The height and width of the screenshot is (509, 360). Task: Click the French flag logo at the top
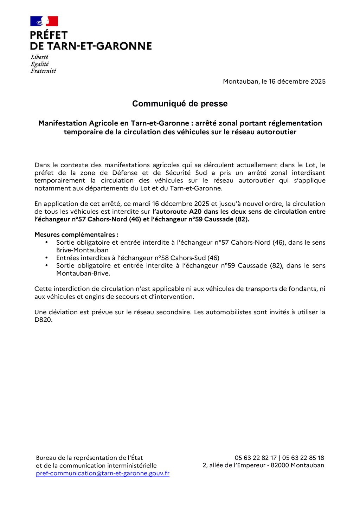(44, 21)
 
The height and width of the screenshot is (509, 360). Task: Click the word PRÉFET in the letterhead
(49, 35)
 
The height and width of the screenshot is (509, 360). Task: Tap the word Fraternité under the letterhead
(43, 71)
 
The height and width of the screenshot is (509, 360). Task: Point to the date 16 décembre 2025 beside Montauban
(297, 82)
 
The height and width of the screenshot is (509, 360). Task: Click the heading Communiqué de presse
(180, 104)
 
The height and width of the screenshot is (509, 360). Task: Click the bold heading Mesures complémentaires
(76, 235)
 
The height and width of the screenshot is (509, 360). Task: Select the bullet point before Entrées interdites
(46, 258)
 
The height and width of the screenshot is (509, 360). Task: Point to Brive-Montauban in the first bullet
(82, 250)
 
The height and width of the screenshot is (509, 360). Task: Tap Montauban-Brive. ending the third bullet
(83, 273)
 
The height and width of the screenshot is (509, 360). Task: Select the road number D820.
(43, 320)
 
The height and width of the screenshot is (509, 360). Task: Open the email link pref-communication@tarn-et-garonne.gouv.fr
(103, 473)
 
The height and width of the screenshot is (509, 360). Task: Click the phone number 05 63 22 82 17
(256, 458)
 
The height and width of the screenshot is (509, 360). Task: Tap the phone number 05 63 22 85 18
(303, 458)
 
